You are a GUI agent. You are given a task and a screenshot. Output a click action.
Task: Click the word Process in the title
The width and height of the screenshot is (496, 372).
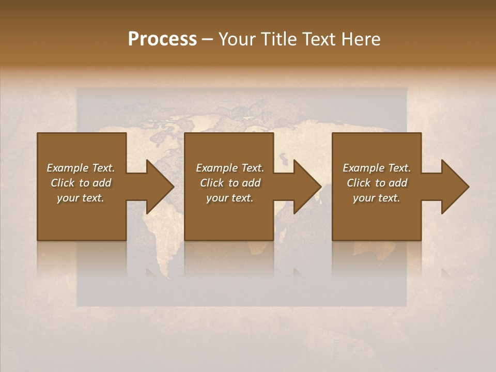(x=162, y=39)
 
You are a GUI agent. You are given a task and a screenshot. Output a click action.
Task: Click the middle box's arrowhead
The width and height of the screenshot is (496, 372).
(x=307, y=187)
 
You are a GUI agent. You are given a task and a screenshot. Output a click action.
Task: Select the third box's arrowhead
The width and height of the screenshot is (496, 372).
(x=455, y=187)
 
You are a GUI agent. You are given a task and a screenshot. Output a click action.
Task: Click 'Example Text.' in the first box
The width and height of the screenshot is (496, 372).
(x=81, y=168)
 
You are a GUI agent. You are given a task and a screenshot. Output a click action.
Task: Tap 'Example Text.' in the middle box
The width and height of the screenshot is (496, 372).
(x=229, y=168)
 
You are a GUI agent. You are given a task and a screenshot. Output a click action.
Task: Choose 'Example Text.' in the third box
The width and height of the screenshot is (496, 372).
(x=377, y=168)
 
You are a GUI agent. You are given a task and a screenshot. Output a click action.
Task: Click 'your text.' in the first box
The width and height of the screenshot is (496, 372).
(x=81, y=198)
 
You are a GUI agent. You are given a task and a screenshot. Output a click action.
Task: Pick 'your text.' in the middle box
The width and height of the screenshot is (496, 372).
(x=229, y=198)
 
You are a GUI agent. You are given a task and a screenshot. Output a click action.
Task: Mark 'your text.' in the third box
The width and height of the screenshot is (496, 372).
(x=377, y=198)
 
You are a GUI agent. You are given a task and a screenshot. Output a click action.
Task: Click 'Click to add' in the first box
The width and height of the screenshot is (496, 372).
(x=81, y=183)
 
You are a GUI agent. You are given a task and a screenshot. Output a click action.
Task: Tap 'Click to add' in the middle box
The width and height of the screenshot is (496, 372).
(x=229, y=183)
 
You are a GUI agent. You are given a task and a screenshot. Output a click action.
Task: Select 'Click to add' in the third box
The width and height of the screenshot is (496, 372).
(x=377, y=183)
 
